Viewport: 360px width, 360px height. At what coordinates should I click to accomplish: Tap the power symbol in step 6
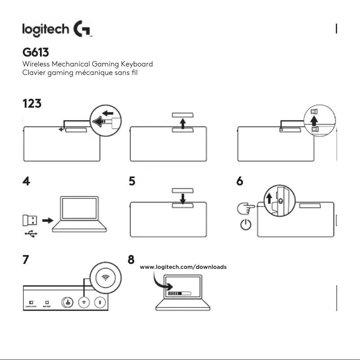[x=246, y=223]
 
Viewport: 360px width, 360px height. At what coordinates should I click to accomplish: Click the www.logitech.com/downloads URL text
[x=184, y=267]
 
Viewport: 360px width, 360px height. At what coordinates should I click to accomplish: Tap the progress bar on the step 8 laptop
[x=179, y=293]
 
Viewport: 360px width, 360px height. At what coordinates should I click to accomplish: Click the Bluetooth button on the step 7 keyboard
[x=99, y=302]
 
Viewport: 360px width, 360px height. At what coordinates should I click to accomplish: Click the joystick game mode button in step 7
[x=68, y=302]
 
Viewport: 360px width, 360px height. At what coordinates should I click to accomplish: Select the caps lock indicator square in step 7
[x=31, y=303]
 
